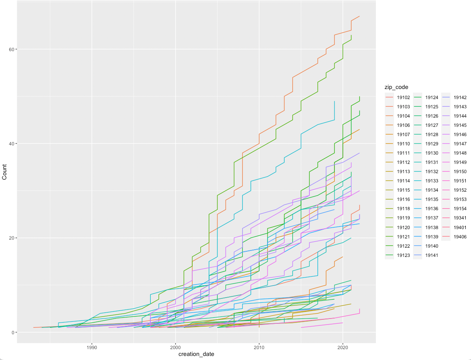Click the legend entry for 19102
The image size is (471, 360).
[403, 97]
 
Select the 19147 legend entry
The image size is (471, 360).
[460, 143]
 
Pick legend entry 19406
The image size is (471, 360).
[460, 236]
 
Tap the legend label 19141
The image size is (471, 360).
[432, 255]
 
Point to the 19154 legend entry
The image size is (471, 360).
[460, 209]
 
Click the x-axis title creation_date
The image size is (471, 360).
[196, 354]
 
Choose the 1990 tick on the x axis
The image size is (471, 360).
[92, 347]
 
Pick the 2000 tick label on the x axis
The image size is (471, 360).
[176, 347]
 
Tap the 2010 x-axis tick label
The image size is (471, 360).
[259, 347]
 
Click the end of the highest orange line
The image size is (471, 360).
[359, 16]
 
